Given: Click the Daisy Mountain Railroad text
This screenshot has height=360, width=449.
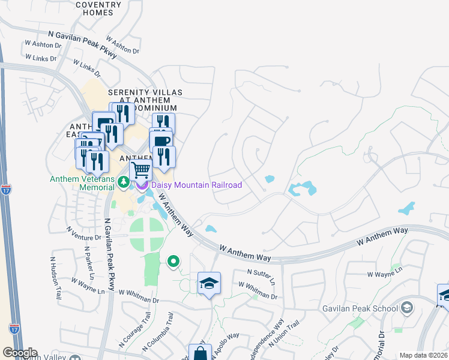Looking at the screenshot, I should pos(196,185).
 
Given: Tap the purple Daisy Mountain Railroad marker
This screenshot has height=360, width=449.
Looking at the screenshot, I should pos(143,185).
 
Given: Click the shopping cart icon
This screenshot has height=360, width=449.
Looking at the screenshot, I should pos(140,170).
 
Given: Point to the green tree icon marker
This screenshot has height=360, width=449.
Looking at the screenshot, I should pos(123,182).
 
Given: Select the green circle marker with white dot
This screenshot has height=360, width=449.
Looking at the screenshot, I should pos(173,261).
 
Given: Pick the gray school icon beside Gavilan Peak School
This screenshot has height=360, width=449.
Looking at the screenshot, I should pos(407,308).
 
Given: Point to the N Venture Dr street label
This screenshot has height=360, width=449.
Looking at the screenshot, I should pos(84,233).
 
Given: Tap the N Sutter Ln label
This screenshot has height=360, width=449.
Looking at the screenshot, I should pos(261,276).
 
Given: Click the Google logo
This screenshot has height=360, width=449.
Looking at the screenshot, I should pos(20,353).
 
